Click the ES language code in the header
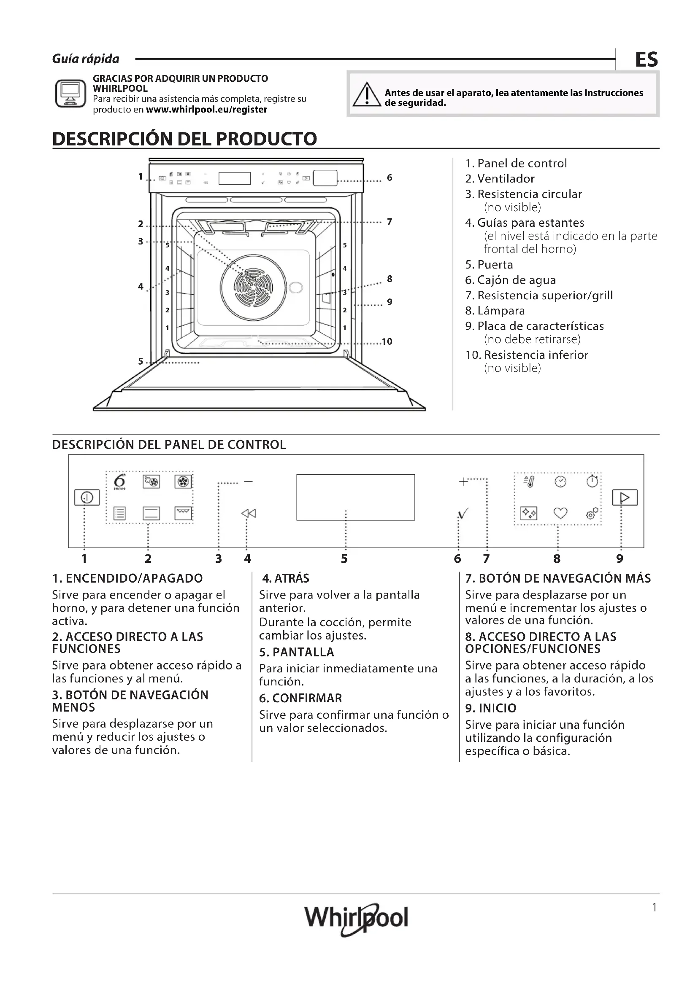click(x=647, y=59)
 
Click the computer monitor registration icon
click(x=70, y=93)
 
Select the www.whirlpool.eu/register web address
click(x=206, y=110)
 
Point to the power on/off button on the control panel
click(x=87, y=497)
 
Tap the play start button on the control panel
click(x=625, y=497)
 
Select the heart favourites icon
click(x=560, y=513)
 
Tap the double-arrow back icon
click(x=249, y=513)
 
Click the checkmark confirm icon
click(x=463, y=513)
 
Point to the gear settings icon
click(x=592, y=513)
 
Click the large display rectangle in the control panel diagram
click(x=355, y=497)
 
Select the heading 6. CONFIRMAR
click(x=300, y=698)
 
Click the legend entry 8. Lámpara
click(x=495, y=311)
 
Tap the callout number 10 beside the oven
click(x=387, y=341)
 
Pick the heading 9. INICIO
click(x=491, y=708)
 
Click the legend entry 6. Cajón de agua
click(x=511, y=280)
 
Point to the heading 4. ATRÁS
click(x=286, y=578)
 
